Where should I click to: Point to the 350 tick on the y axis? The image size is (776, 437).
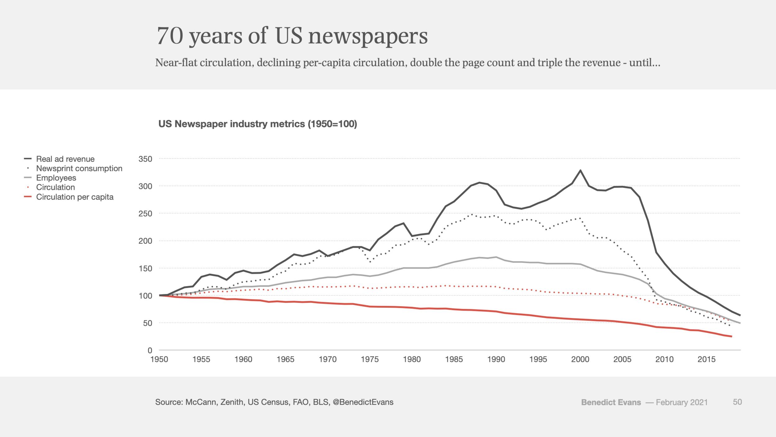146,159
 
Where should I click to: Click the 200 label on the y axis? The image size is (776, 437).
146,241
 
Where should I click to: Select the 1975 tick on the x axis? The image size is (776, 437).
370,359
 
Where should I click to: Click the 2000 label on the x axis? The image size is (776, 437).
580,359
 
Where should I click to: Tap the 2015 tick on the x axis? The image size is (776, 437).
706,359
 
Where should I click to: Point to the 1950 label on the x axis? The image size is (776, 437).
159,359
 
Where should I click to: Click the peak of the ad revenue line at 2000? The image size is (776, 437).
580,170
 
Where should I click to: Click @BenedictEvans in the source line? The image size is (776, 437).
363,402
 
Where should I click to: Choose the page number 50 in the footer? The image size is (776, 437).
737,402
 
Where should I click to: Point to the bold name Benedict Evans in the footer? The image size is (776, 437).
611,402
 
